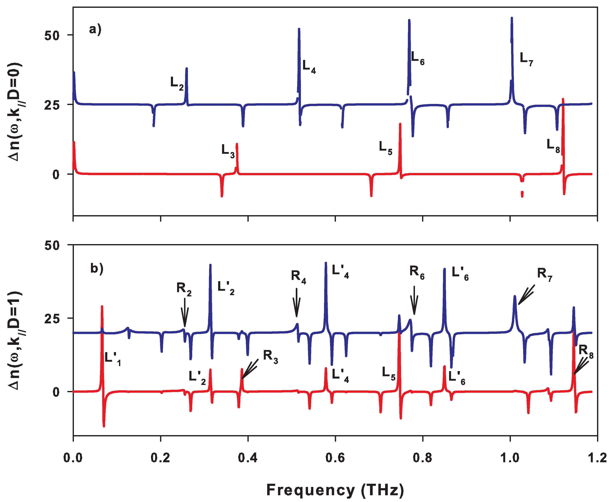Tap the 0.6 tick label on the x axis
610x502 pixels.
tap(335, 458)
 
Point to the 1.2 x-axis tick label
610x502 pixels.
tap(597, 458)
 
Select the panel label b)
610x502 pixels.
tap(97, 268)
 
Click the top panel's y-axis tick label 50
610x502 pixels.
tap(52, 36)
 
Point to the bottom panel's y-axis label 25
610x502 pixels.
tap(52, 318)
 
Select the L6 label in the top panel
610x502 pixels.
tap(417, 58)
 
